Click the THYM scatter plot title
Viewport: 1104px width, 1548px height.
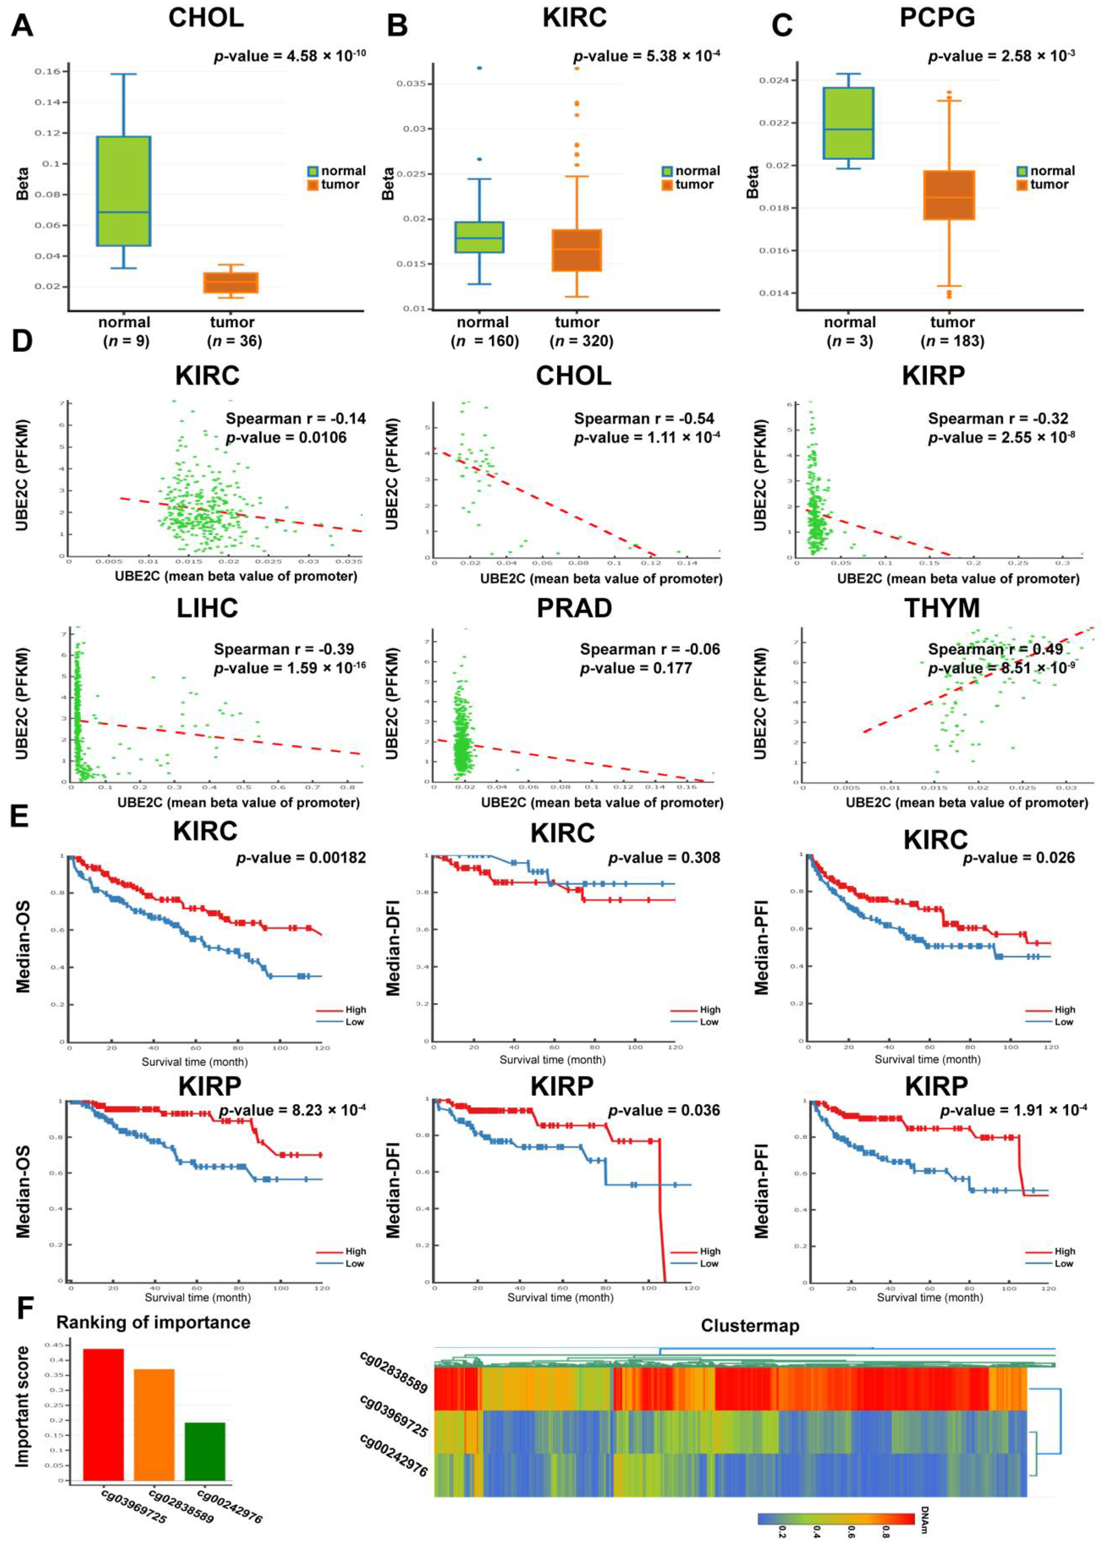tap(941, 608)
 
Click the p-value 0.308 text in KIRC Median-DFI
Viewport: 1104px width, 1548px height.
tap(663, 858)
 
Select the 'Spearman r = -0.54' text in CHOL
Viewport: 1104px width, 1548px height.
tap(644, 418)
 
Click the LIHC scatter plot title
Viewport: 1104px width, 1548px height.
tap(208, 608)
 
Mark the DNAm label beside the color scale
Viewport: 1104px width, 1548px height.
tap(924, 1519)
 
